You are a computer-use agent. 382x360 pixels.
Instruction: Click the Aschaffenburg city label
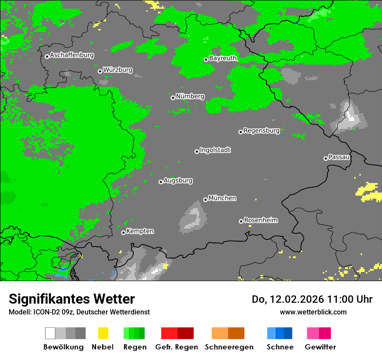tap(72, 56)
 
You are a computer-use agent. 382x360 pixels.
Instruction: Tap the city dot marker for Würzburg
tap(100, 71)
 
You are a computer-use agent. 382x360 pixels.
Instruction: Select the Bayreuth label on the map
tap(223, 58)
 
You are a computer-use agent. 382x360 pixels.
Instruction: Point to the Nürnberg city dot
tap(173, 98)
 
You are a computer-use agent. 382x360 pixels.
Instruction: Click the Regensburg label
tap(261, 131)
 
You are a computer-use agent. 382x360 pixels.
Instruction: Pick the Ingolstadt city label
tap(215, 151)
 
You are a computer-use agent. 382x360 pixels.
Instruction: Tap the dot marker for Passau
tap(326, 158)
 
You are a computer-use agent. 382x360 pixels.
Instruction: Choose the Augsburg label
tap(178, 180)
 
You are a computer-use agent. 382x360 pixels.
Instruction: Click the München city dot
tap(205, 200)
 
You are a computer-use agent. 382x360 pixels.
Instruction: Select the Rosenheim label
tap(260, 220)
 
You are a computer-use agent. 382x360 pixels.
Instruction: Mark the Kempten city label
tap(140, 231)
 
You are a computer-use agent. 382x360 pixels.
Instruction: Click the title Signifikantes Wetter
tap(72, 299)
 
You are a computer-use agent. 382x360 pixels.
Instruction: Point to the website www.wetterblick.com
tap(313, 312)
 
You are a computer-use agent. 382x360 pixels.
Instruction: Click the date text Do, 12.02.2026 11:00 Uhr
tap(312, 299)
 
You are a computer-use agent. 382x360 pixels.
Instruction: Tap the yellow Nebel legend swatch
tap(103, 333)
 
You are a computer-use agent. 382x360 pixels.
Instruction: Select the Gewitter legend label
tap(320, 347)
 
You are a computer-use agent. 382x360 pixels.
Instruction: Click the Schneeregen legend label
tap(229, 347)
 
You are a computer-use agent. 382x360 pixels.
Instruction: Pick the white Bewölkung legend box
tap(50, 333)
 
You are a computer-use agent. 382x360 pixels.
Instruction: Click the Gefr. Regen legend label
tap(176, 347)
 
